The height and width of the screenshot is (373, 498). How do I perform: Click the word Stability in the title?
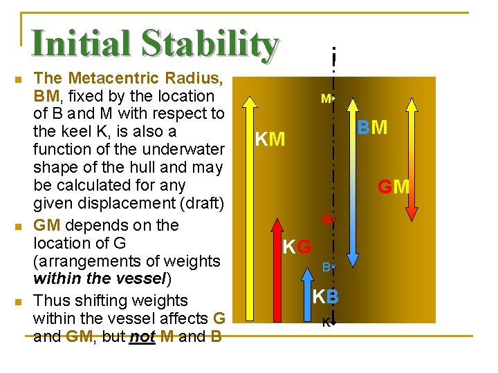coord(209,44)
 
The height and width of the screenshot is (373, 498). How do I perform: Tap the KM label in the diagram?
coord(270,140)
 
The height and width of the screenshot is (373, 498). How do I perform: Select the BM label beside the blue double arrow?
coord(372,128)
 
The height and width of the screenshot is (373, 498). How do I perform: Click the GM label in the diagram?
coord(393,186)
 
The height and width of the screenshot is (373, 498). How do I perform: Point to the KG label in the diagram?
coord(297,246)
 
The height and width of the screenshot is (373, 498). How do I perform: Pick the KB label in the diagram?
coord(325,297)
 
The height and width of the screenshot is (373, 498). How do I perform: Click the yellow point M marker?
coord(333,99)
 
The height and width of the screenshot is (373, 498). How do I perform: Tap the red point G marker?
coord(332,220)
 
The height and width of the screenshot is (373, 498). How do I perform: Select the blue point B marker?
coord(333,266)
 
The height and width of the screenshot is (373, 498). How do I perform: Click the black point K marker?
coord(333,322)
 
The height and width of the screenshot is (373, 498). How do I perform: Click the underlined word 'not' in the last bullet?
coord(141,336)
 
